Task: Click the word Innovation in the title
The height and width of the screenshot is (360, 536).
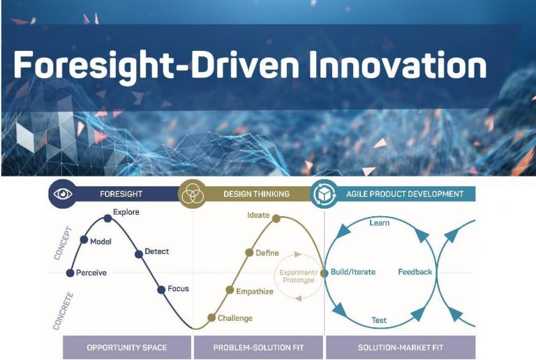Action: click(x=388, y=65)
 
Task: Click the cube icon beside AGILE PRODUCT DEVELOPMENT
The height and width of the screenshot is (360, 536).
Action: click(x=324, y=194)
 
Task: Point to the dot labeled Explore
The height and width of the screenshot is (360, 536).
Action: click(x=107, y=218)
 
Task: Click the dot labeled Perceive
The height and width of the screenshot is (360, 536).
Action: click(x=70, y=272)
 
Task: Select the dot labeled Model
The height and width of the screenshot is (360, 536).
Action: click(x=84, y=240)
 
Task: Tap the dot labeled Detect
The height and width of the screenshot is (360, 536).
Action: click(x=139, y=252)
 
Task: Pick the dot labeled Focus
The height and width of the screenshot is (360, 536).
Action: click(x=161, y=289)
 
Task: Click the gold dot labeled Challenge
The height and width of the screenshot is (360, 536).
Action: click(x=211, y=318)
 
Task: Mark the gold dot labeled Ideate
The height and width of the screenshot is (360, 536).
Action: click(x=276, y=218)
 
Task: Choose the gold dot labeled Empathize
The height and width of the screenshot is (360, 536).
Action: click(x=230, y=290)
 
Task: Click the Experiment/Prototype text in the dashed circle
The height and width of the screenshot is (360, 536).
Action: click(x=298, y=276)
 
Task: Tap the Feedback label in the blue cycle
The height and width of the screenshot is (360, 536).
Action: click(x=415, y=272)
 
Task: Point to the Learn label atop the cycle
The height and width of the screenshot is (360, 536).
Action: click(x=379, y=223)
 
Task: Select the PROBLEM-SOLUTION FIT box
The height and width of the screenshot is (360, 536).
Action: click(x=258, y=347)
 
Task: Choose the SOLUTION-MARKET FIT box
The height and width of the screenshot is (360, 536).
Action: click(x=400, y=347)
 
